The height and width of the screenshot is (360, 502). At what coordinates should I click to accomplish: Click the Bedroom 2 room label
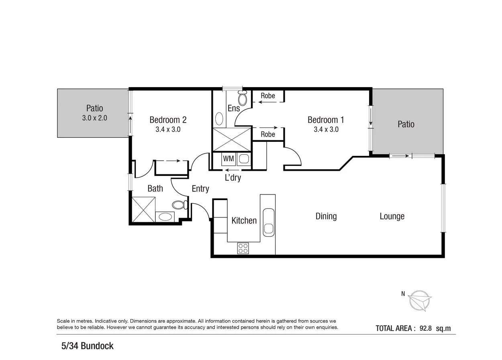tap(168, 120)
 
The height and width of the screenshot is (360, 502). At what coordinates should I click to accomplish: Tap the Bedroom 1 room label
tap(326, 120)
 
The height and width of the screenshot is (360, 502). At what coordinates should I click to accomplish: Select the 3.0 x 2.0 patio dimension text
tap(94, 118)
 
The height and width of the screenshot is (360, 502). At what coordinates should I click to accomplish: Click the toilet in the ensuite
tap(243, 98)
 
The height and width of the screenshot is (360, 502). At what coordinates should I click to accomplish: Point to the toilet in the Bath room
tap(180, 205)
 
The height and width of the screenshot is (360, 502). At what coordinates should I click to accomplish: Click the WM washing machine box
tap(229, 159)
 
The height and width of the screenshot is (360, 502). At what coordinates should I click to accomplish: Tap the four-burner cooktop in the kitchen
tap(243, 248)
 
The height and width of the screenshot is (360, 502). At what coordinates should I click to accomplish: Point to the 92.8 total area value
tap(425, 328)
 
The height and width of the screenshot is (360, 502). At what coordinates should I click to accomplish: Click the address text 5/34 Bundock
tap(87, 346)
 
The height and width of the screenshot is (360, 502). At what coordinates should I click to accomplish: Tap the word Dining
tap(326, 216)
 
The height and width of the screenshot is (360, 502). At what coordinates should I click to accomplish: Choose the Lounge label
tap(392, 216)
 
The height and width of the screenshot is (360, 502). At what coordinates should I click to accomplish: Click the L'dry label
tap(233, 177)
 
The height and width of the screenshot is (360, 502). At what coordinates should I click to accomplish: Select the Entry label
tap(200, 188)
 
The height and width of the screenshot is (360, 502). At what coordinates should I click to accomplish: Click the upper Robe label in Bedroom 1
tap(268, 96)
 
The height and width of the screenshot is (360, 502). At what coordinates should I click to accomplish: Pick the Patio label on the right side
tap(406, 124)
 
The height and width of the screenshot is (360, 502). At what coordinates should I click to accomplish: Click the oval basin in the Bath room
tap(165, 217)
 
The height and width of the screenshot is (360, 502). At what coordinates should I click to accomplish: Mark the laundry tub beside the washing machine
tap(244, 159)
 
